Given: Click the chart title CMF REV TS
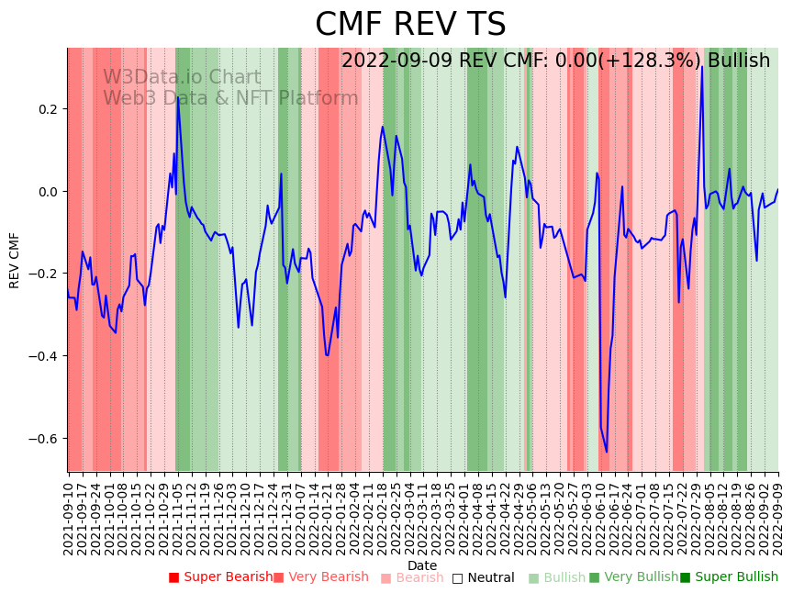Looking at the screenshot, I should coord(410,25).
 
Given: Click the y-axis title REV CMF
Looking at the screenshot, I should coord(15,260).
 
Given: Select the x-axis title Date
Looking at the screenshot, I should coord(422,565).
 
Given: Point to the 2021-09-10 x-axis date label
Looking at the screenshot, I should coord(68,514).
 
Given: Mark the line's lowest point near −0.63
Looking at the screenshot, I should coord(606,452).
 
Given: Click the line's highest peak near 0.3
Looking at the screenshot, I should coord(702,66).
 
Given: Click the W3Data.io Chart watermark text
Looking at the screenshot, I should coord(182,78).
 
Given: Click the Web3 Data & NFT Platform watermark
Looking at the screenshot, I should coord(230,98).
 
